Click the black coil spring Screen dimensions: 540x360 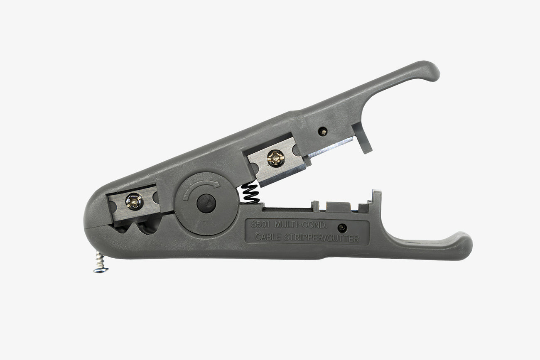coord(251,193)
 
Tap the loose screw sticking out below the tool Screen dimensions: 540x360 coord(100,262)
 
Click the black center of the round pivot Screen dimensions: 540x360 coord(206,203)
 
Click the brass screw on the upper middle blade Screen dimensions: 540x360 coord(275,158)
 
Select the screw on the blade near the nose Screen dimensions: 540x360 coord(134,201)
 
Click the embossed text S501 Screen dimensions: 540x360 coord(260,225)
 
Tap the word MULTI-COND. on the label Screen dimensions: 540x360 coord(301,225)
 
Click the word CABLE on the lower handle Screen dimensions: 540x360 coord(268,237)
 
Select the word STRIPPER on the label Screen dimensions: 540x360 coord(303,238)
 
